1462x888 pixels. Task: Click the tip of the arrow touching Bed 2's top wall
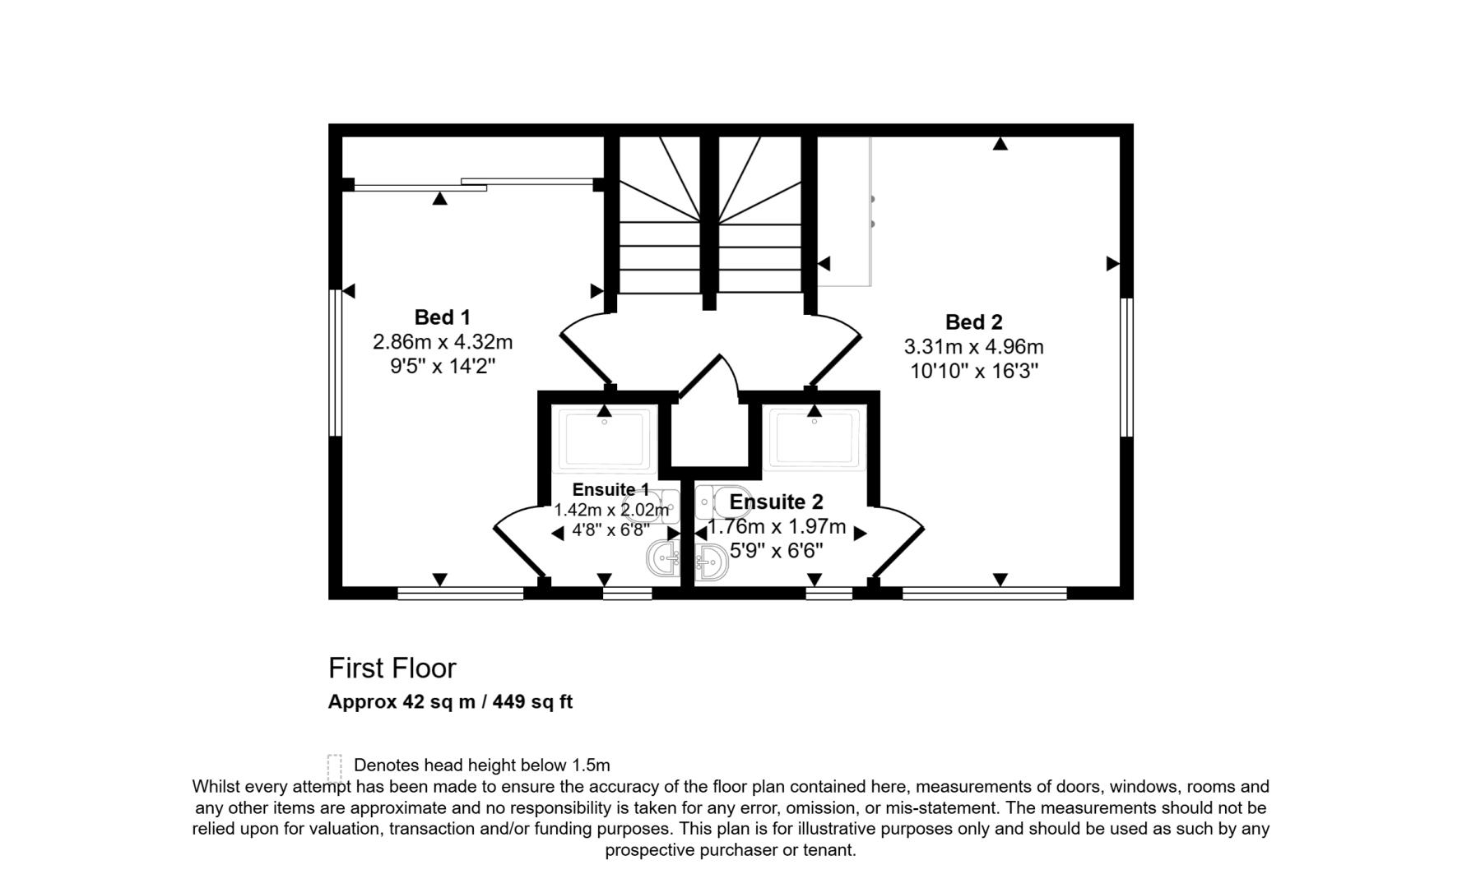[x=1000, y=137]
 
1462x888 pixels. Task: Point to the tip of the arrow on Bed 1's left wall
[x=342, y=291]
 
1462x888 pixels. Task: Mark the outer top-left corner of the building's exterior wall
[x=328, y=124]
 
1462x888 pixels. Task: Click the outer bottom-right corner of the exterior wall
[x=1133, y=599]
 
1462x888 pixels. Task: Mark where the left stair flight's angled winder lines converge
[x=700, y=220]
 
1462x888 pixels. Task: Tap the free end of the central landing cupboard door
[x=720, y=355]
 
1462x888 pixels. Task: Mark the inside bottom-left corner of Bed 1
[x=342, y=586]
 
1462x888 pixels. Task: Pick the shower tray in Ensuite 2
[x=815, y=437]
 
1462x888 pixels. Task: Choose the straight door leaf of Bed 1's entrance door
[x=585, y=360]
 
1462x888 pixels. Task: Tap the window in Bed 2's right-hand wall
[x=1127, y=367]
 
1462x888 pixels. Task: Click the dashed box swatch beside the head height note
[x=335, y=768]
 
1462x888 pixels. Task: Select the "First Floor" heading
[x=392, y=668]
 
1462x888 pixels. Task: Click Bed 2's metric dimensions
[x=974, y=347]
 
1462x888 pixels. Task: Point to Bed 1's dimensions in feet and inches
[x=443, y=366]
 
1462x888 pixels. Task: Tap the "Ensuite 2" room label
[x=776, y=502]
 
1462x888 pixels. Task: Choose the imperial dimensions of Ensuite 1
[x=610, y=530]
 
